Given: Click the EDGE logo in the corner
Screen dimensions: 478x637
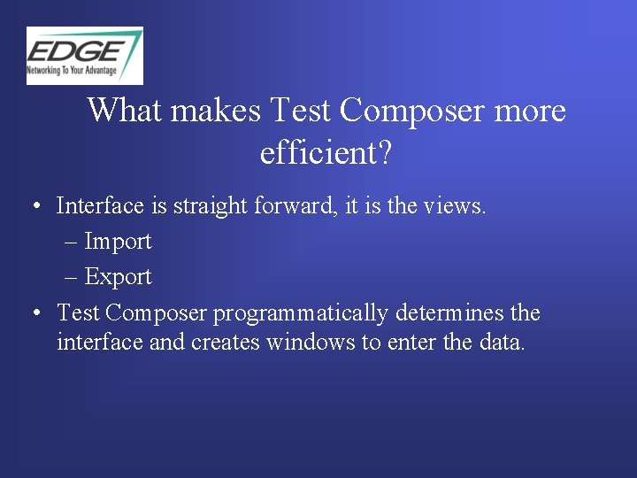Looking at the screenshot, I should [84, 55].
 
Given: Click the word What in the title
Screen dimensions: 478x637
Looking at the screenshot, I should [126, 112].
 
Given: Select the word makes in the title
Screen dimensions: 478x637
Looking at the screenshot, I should [215, 112].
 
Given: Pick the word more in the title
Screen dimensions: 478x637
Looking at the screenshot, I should [529, 112].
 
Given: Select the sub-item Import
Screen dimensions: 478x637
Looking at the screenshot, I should [118, 242].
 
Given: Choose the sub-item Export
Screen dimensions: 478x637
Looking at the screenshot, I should [118, 277].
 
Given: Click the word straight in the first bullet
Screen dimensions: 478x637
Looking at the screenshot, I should [211, 206].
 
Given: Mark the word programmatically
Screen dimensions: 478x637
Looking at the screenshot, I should [301, 313].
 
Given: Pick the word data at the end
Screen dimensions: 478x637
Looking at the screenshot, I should [502, 342].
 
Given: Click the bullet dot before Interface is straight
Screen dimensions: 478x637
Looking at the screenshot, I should [34, 207].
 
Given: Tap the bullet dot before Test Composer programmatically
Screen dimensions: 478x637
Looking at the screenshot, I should [34, 313].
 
